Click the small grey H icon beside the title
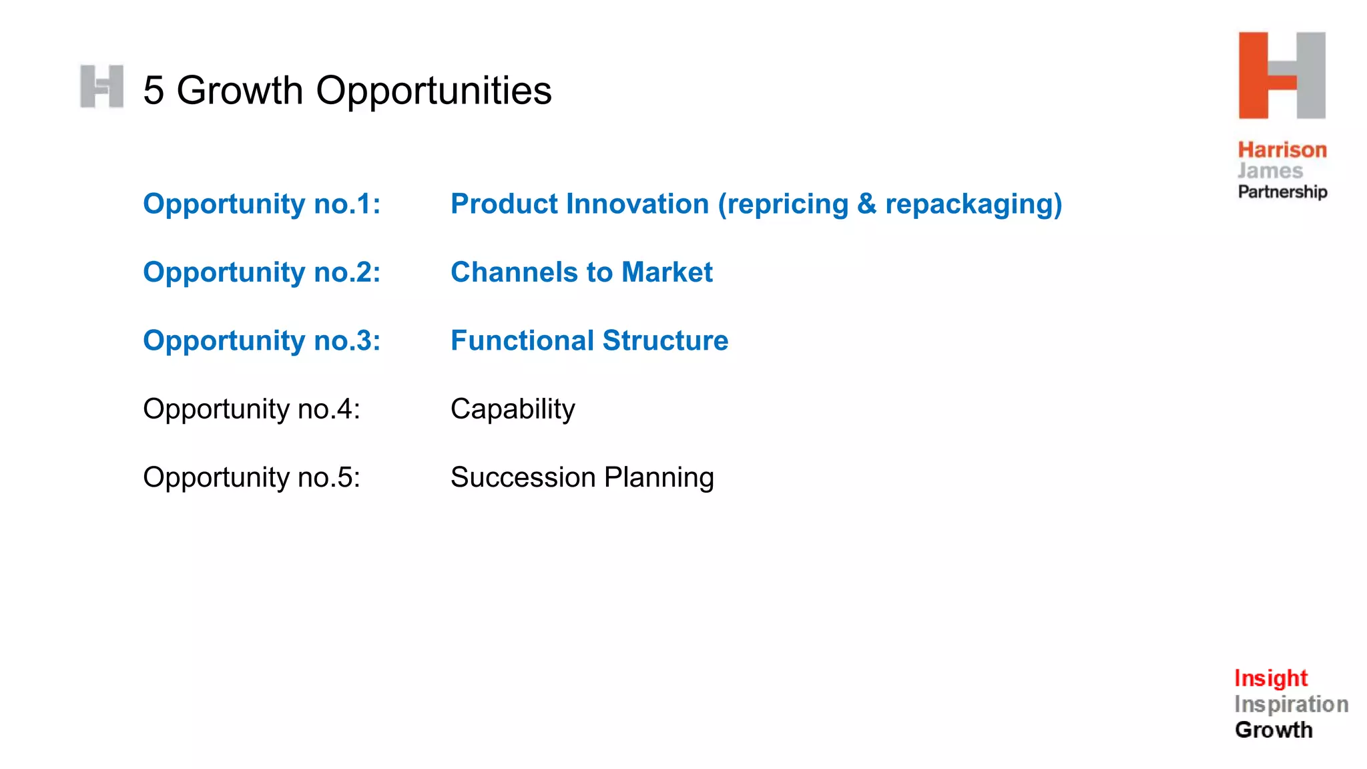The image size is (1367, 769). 101,87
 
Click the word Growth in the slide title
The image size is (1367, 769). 240,91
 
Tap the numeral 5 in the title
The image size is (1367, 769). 154,91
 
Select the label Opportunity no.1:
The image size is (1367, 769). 262,204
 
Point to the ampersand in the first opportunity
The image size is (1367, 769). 866,204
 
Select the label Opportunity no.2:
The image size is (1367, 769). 262,272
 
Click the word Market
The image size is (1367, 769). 667,272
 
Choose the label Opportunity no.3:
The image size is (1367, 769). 262,341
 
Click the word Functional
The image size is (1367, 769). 522,341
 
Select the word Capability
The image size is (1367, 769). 513,409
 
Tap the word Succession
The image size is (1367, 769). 523,478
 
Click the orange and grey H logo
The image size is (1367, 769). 1282,75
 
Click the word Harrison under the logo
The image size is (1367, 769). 1282,150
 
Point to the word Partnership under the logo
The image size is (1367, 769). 1282,192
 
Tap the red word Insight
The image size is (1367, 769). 1270,678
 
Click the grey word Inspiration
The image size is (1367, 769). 1291,704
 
